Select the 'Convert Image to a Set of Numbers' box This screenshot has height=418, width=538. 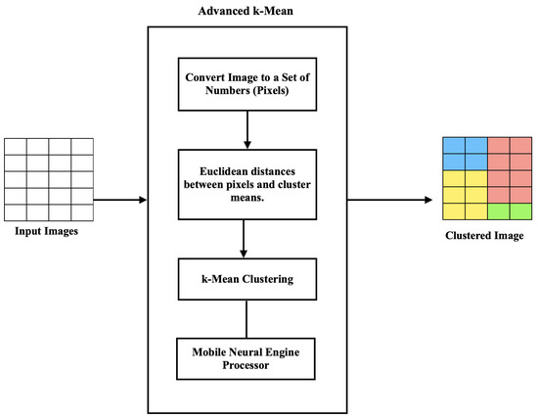click(246, 81)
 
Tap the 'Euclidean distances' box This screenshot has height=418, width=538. click(246, 182)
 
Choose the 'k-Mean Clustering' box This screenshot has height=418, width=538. click(246, 280)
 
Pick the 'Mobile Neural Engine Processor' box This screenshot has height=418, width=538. click(246, 358)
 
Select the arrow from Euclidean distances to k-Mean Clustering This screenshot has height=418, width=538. click(246, 237)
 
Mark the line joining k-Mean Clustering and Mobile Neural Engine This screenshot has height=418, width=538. click(246, 318)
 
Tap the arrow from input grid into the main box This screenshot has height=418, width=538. click(119, 200)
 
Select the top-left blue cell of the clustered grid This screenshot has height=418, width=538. click(452, 145)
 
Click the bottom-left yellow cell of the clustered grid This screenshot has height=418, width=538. click(452, 211)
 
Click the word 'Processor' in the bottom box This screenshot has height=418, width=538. click(246, 366)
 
